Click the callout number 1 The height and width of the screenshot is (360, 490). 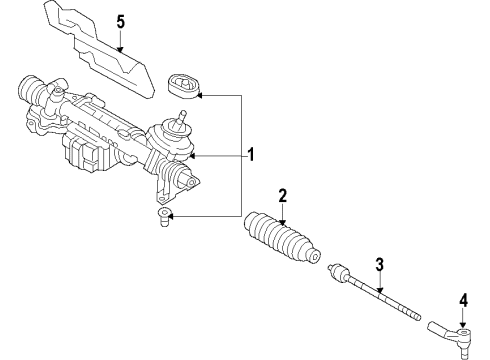[250, 155]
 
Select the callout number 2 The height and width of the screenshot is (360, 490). [282, 196]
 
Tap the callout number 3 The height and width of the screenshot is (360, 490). [380, 265]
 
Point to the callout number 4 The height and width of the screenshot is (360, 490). [463, 300]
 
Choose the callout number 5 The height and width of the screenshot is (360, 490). [121, 22]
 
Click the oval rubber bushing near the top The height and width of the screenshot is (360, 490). [183, 87]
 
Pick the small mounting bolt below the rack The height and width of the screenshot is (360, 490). [164, 217]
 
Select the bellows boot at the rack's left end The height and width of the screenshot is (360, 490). [31, 89]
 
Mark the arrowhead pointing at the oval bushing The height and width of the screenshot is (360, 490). [200, 96]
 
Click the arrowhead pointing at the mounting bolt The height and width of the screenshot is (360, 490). [171, 217]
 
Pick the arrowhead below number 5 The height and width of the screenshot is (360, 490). [121, 50]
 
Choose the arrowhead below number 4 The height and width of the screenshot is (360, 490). [463, 325]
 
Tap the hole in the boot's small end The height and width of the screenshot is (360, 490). [316, 257]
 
